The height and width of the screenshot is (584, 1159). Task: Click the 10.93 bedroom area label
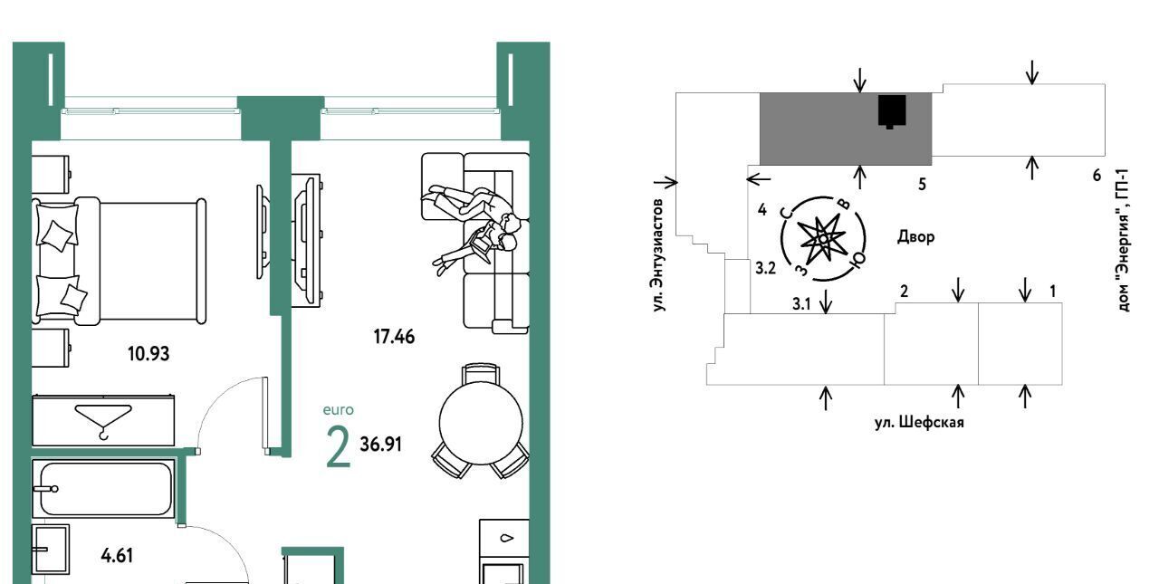(148, 354)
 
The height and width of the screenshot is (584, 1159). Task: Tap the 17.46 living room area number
(394, 337)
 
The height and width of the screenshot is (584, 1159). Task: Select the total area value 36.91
(381, 445)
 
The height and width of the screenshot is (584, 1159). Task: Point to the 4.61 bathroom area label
(118, 556)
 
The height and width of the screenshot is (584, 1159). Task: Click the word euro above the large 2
(339, 410)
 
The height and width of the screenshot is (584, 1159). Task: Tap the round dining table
(481, 423)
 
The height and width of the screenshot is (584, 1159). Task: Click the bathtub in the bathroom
(104, 489)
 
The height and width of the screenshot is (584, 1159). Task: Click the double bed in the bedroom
(120, 262)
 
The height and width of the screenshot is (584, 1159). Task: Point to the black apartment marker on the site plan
(892, 111)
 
